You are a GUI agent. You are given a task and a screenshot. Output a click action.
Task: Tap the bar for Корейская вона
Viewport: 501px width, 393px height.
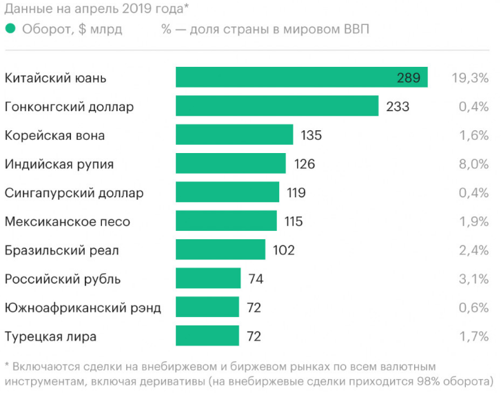(x=234, y=134)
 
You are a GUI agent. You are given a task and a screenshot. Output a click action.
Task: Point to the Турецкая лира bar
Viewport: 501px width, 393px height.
(x=207, y=336)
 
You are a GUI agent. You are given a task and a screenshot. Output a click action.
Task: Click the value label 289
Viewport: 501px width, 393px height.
(x=409, y=78)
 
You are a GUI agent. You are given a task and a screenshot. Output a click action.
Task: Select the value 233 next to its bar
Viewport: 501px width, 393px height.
(x=398, y=107)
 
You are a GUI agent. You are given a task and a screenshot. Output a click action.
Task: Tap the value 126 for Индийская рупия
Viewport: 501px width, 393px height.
(x=304, y=164)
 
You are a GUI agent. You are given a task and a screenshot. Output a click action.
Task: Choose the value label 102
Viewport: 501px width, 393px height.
(x=283, y=250)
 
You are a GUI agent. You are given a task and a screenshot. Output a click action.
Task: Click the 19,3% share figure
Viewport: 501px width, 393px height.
(x=469, y=78)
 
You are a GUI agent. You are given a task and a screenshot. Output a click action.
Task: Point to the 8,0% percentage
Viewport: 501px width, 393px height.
(x=473, y=164)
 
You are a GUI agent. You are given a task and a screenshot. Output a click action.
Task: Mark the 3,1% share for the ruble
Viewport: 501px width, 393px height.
(x=473, y=279)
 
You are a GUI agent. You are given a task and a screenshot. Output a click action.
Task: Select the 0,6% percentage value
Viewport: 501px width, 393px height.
(x=473, y=308)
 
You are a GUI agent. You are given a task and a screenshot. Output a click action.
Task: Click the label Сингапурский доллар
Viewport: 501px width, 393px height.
(x=74, y=193)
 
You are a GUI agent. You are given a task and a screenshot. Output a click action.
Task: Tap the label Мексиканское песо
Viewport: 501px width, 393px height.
(x=68, y=222)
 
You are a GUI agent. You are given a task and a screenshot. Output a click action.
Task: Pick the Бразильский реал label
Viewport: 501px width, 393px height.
(x=62, y=250)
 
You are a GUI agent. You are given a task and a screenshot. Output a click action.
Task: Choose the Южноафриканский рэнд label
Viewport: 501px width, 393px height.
(x=83, y=308)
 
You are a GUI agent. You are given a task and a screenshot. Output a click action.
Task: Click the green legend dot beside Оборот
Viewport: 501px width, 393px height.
(x=10, y=29)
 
